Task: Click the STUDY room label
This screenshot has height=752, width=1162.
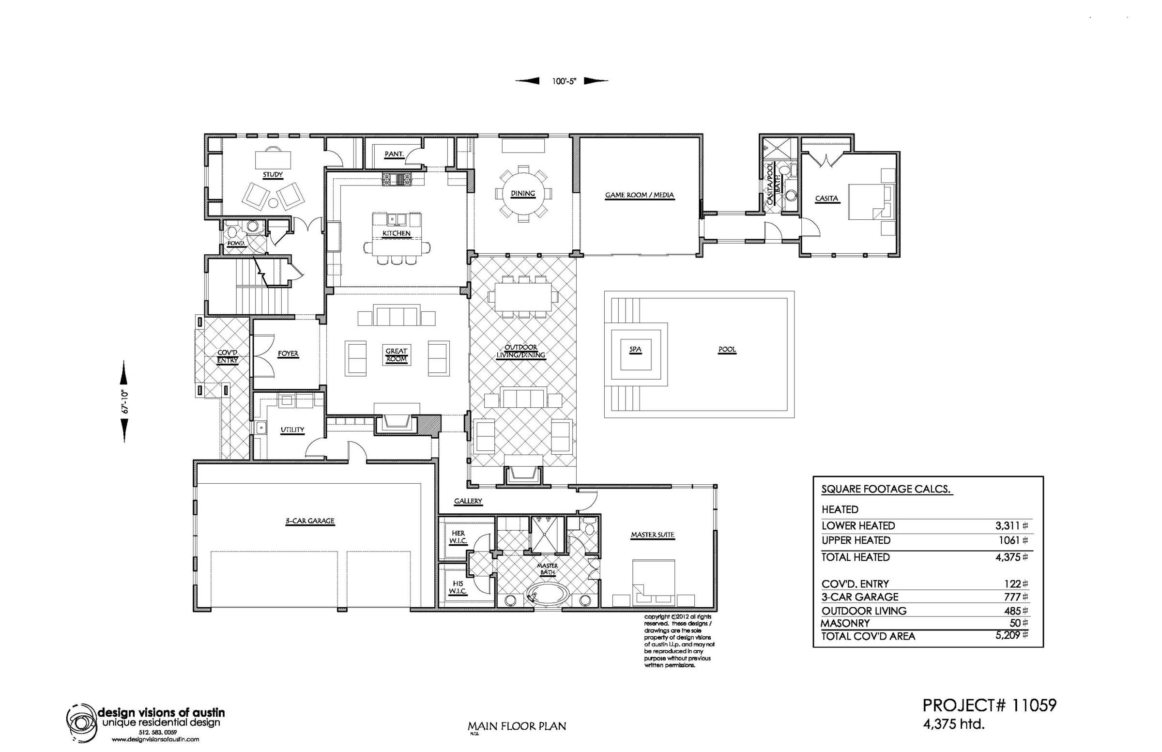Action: (273, 174)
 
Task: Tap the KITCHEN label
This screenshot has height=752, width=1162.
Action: (396, 233)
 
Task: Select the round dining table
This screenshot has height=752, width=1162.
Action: (522, 193)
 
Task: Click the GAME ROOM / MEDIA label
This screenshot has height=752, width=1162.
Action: (639, 195)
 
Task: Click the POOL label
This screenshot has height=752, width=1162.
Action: (727, 350)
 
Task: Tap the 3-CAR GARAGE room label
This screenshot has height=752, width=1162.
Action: (309, 521)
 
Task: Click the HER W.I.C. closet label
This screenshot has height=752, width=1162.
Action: (458, 537)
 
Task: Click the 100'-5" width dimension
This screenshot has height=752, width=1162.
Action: (565, 81)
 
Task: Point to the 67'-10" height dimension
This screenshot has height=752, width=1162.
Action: (124, 401)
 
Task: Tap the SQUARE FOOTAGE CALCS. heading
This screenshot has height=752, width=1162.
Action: (887, 489)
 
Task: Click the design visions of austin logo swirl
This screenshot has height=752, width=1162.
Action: (82, 721)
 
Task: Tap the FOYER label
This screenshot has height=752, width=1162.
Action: (288, 353)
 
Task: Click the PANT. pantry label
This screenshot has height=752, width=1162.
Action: (394, 154)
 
